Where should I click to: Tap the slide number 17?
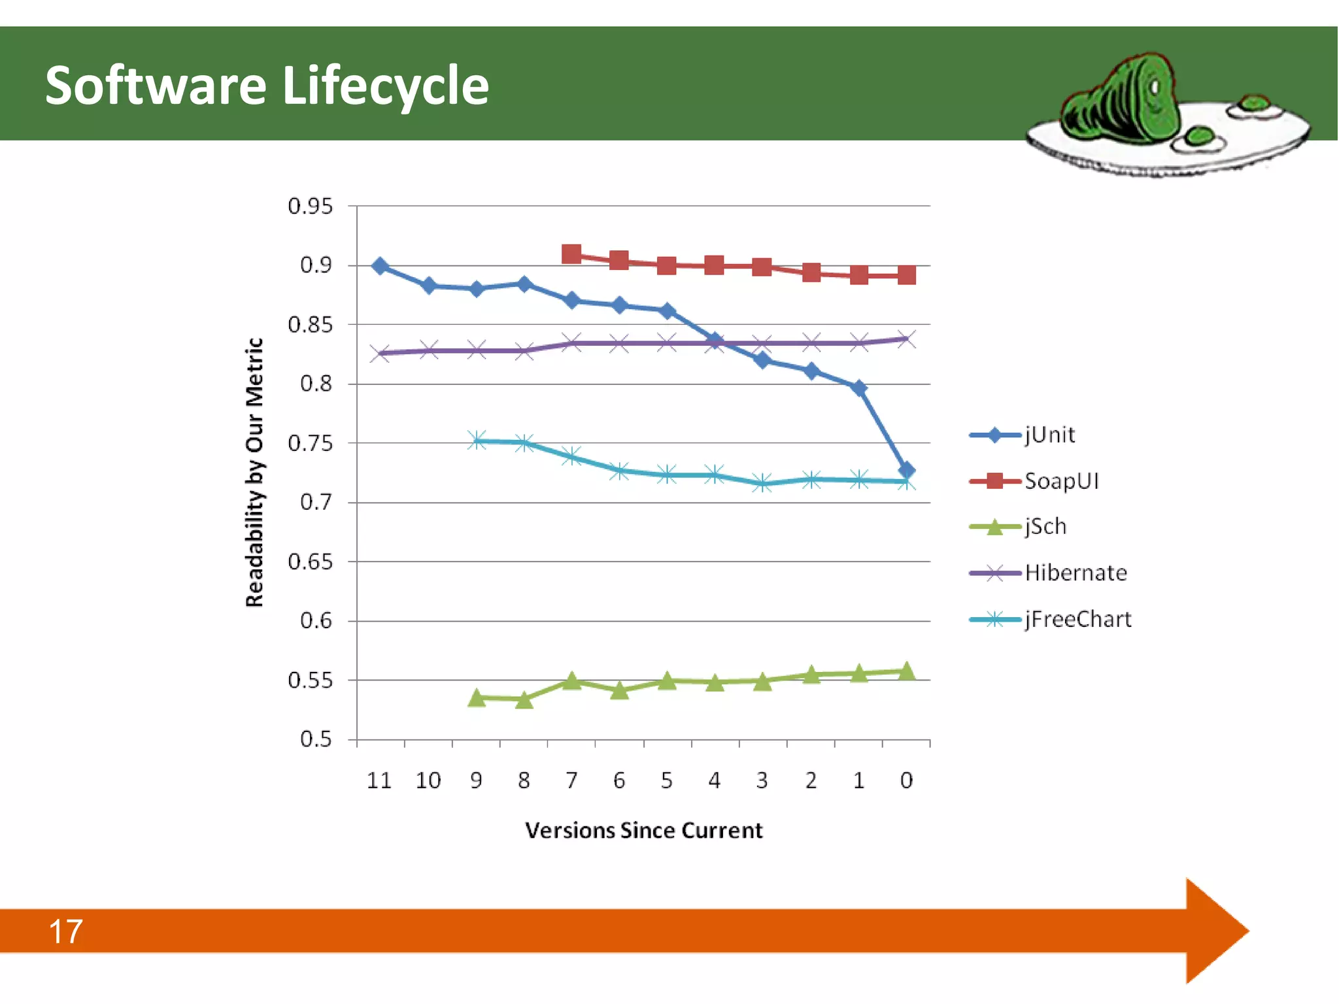tap(65, 931)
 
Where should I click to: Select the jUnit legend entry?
tap(1049, 435)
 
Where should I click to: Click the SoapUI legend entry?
tap(1060, 481)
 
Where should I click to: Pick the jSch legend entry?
tap(1045, 526)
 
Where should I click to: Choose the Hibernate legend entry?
tap(1075, 573)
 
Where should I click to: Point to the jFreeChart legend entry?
tap(1077, 619)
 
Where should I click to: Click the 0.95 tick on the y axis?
tap(310, 207)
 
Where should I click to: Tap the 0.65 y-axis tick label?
tap(310, 561)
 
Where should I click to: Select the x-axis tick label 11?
tap(379, 780)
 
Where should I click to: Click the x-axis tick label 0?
tap(906, 780)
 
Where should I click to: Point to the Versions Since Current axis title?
tap(643, 830)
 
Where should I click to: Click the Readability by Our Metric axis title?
tap(254, 472)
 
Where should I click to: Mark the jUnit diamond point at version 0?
tap(906, 470)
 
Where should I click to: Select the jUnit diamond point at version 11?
tap(380, 266)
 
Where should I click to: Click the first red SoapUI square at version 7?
tap(571, 254)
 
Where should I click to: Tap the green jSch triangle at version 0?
tap(906, 671)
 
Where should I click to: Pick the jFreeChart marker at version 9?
tap(477, 440)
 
